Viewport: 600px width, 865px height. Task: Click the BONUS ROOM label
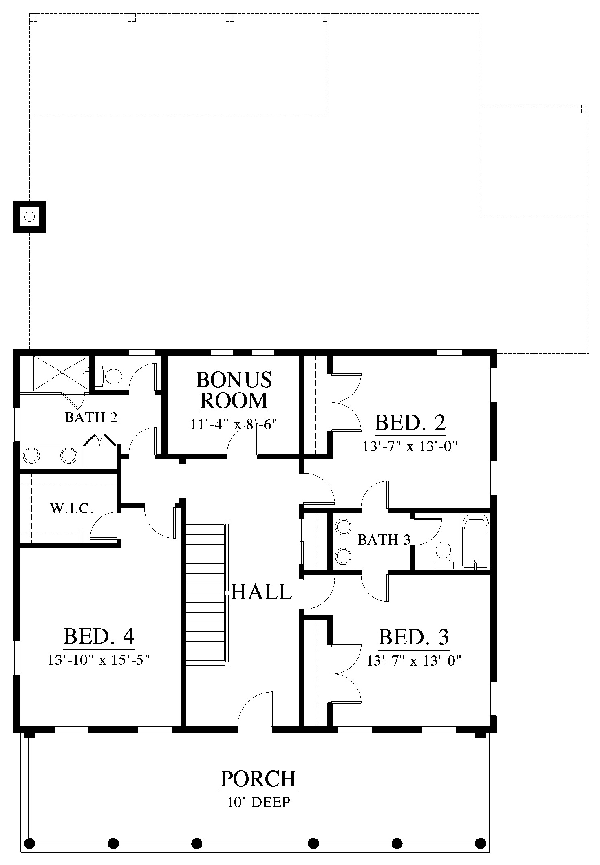click(x=234, y=390)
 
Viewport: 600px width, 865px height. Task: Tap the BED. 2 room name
click(x=410, y=423)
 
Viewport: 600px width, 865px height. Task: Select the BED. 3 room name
click(x=414, y=637)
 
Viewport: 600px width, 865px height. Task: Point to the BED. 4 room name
click(x=99, y=636)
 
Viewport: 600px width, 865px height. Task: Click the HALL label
click(x=261, y=592)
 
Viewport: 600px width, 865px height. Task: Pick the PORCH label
click(x=258, y=778)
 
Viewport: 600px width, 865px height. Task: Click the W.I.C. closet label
click(x=72, y=508)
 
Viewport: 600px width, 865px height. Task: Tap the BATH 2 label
click(x=91, y=417)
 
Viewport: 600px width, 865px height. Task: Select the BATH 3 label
click(x=384, y=540)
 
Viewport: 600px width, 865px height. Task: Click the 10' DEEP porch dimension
click(x=259, y=802)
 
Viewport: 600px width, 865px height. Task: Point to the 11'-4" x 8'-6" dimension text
click(x=234, y=424)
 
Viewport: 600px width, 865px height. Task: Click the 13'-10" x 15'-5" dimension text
click(x=99, y=660)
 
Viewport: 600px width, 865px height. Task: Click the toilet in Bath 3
click(x=443, y=555)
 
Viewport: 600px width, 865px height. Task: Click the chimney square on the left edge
click(x=29, y=216)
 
